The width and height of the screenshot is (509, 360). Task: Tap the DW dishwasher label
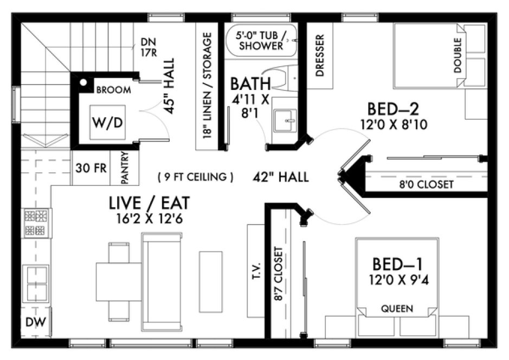point(36,323)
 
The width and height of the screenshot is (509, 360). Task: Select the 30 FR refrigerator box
point(91,168)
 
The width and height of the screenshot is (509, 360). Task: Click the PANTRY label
point(125,169)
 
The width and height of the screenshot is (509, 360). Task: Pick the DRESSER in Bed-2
point(320,55)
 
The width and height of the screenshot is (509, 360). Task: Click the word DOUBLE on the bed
point(458,55)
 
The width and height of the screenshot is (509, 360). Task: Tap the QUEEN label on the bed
point(397,309)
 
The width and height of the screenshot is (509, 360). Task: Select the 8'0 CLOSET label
point(426,185)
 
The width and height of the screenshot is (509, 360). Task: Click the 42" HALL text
point(281,177)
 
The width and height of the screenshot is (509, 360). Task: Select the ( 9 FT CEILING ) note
point(196,177)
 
